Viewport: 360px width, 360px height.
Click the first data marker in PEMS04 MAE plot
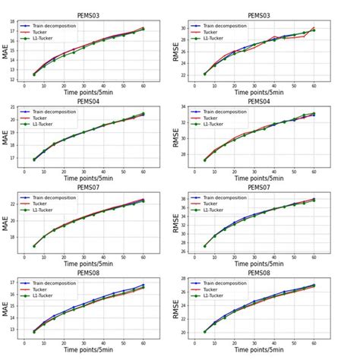coord(35,159)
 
